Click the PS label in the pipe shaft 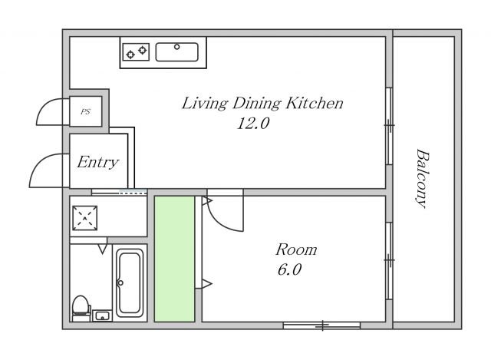tap(85, 111)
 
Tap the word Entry tap(98, 162)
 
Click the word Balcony tap(423, 178)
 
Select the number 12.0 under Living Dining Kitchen tap(253, 123)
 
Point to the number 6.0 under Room tap(289, 269)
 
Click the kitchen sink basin tap(177, 52)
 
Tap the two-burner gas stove tap(136, 52)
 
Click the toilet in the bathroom tap(81, 309)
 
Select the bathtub tap(130, 283)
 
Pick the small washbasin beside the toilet tap(102, 315)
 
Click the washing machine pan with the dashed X tap(84, 218)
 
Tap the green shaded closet tap(174, 259)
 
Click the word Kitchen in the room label tap(315, 104)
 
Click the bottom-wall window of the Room tap(321, 326)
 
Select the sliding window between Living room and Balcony tap(389, 126)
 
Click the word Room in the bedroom tap(296, 250)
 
